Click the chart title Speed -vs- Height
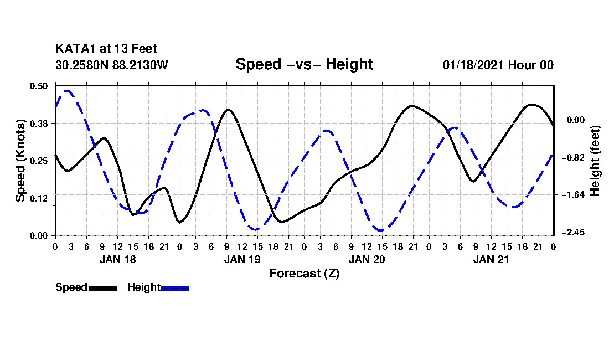(x=304, y=64)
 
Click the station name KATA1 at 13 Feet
(x=106, y=49)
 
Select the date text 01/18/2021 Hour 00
(x=498, y=65)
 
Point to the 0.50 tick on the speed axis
(x=39, y=86)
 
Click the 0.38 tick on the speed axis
(x=39, y=123)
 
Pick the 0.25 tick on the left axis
(x=39, y=161)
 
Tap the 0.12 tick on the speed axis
(x=39, y=198)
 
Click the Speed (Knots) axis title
(x=20, y=161)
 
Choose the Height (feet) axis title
(x=595, y=161)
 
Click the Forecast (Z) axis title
(x=304, y=273)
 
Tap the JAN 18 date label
(x=117, y=259)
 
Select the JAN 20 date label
(x=367, y=259)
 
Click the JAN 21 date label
(x=491, y=259)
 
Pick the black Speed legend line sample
(x=103, y=288)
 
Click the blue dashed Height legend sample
(x=175, y=288)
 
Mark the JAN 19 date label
(x=242, y=259)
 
